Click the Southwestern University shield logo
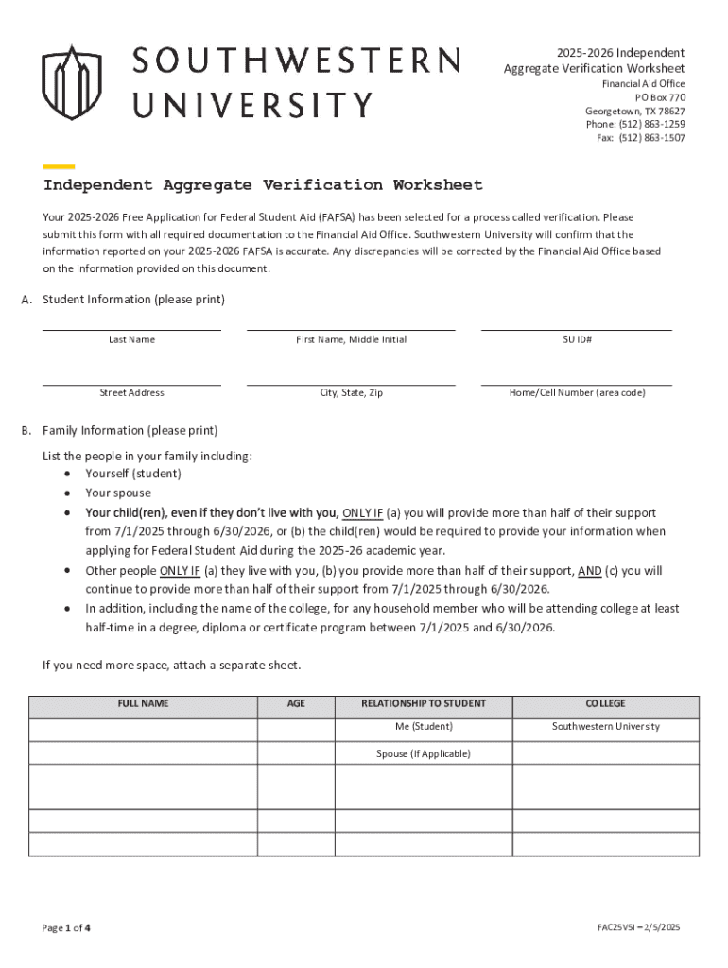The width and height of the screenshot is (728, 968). coord(71,83)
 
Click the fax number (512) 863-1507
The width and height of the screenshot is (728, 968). coord(651,138)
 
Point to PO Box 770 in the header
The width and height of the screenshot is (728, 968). coord(660,97)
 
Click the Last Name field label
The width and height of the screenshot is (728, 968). coord(131,339)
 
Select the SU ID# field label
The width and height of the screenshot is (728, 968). coord(577,339)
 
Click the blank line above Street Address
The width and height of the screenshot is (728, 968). coord(131,384)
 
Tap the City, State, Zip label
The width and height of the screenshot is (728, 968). coord(351,392)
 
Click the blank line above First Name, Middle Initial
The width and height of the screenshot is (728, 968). coord(351,329)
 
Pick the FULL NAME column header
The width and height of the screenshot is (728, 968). coord(143,704)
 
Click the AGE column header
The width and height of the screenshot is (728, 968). coord(296,704)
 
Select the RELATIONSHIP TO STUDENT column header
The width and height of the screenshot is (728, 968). coord(424,704)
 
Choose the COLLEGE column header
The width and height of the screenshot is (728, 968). coord(605,704)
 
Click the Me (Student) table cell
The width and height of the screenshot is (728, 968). coord(424,727)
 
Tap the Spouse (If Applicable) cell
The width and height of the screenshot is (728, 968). coord(424,753)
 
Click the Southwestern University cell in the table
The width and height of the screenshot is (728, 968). coord(605,727)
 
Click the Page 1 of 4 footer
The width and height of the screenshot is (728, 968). coord(66,927)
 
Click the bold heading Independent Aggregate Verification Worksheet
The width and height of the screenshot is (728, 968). coord(263,185)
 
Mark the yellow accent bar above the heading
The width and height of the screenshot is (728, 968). coord(59,166)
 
